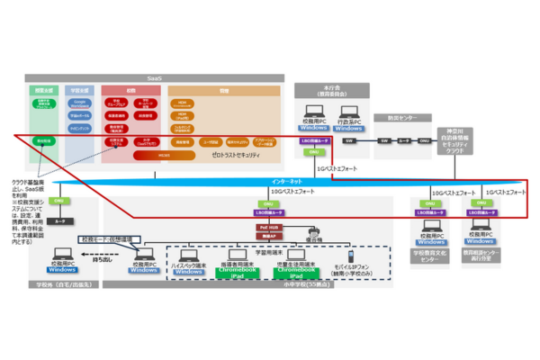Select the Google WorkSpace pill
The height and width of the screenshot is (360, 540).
78,104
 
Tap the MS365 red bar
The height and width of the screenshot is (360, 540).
157,154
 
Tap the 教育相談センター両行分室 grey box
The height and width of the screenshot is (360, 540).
478,256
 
